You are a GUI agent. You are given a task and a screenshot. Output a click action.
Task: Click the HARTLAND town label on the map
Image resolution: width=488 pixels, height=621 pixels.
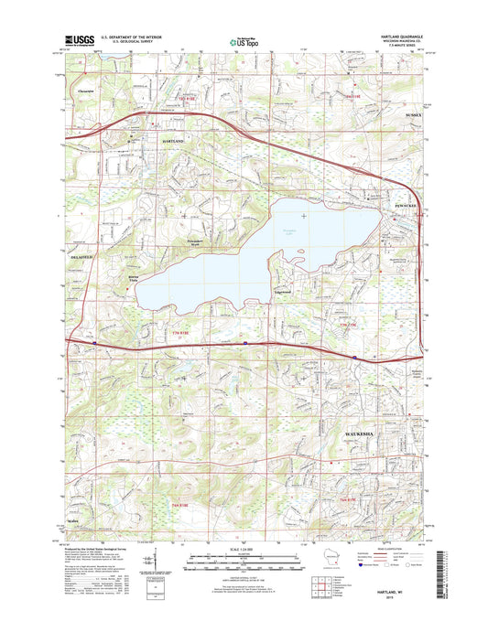pos(173,143)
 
